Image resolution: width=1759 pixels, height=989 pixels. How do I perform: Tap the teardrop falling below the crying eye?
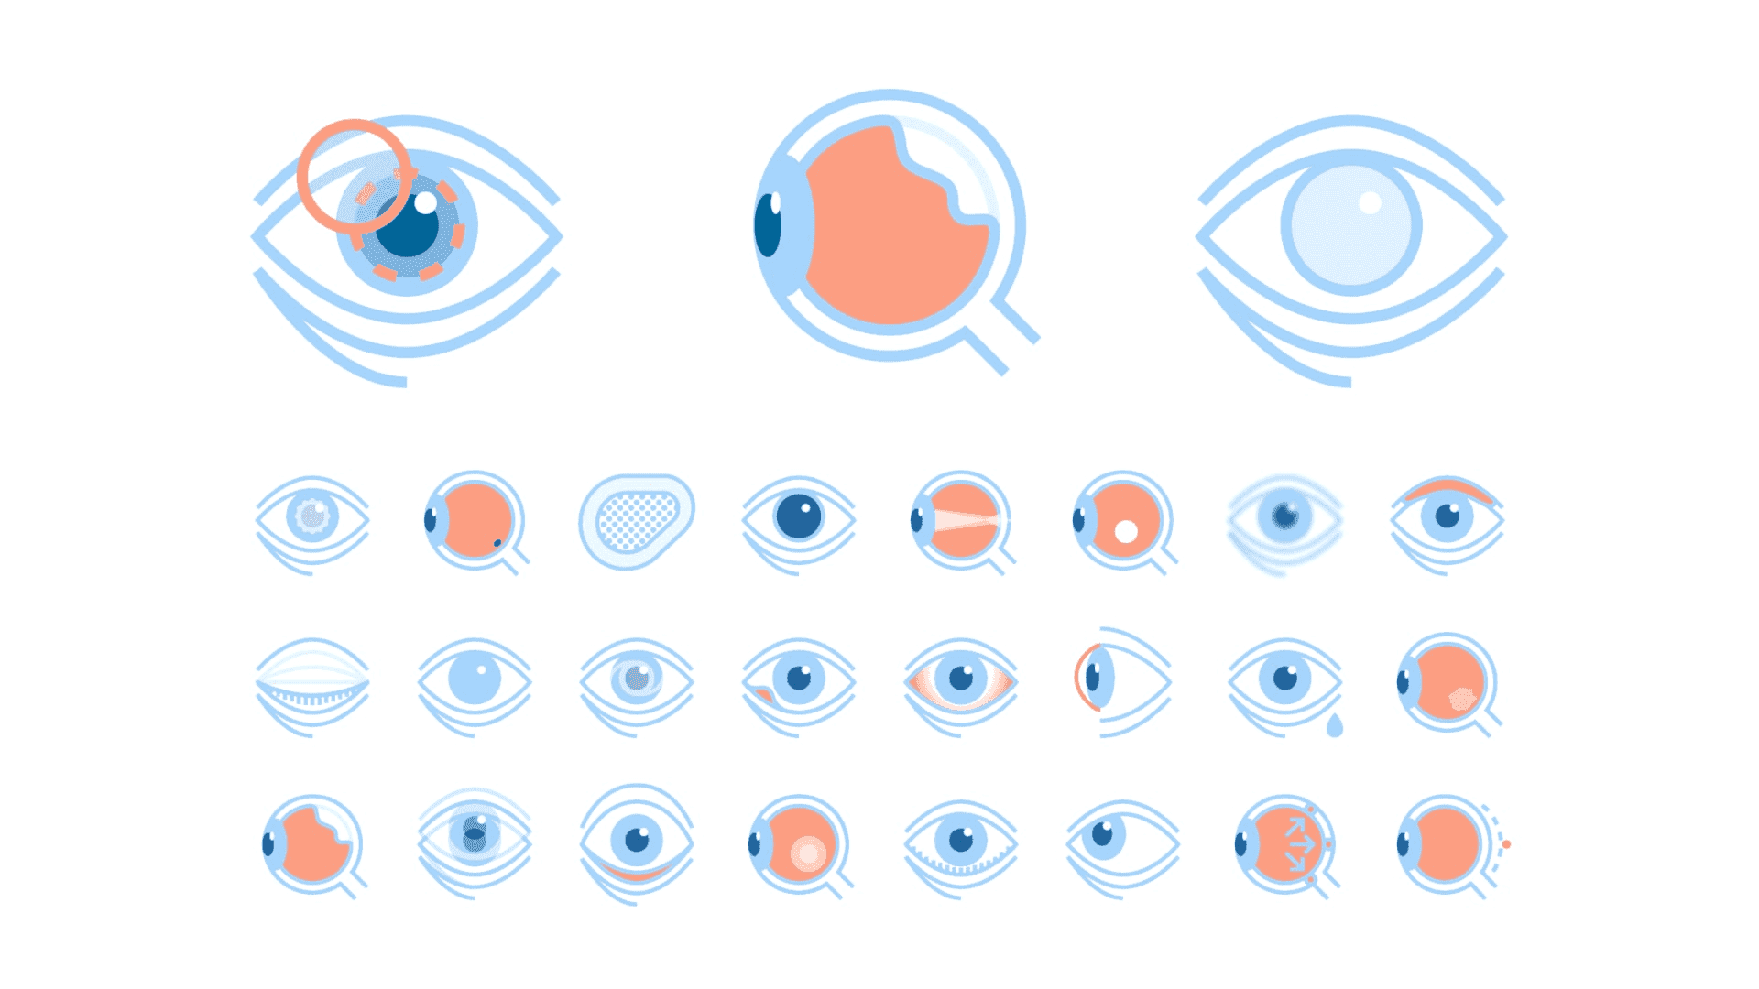tap(1335, 726)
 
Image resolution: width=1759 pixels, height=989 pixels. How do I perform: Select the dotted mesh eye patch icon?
tap(636, 520)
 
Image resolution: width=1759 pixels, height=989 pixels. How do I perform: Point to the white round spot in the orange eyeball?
tap(1126, 531)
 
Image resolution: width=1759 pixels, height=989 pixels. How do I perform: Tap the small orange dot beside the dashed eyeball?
tap(1506, 844)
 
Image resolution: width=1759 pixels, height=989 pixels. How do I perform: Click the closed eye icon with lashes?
tap(311, 686)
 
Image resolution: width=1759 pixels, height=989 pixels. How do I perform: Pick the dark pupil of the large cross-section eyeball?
tap(768, 225)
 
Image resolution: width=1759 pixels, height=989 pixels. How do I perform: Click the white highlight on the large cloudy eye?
tap(1370, 202)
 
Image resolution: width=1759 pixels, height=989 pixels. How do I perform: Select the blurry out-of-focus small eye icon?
tap(1284, 520)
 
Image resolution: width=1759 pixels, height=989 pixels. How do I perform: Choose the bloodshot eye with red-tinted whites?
tap(960, 681)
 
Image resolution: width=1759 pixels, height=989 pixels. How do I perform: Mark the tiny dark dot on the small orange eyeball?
tap(497, 543)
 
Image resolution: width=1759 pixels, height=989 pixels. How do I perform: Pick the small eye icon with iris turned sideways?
tap(1104, 836)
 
